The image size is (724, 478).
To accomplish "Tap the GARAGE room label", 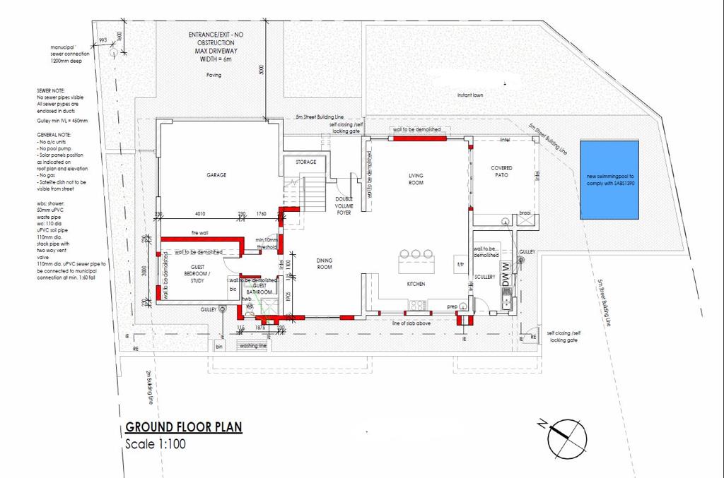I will (216, 175).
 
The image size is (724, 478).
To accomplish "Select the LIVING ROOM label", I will (416, 179).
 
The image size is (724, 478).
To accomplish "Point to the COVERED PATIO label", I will (501, 172).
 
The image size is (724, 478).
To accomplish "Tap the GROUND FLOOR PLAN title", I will (183, 427).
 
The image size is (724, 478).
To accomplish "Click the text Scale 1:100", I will (155, 445).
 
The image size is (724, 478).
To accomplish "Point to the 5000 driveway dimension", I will (260, 71).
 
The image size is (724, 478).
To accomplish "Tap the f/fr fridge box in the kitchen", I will (460, 265).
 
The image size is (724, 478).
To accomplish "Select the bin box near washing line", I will (219, 347).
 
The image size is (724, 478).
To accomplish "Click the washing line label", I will (252, 346).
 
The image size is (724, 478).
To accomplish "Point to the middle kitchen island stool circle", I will (416, 253).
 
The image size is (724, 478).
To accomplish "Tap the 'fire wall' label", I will (199, 233).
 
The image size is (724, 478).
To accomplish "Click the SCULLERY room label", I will (486, 277).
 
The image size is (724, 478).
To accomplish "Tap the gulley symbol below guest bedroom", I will (222, 309).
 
